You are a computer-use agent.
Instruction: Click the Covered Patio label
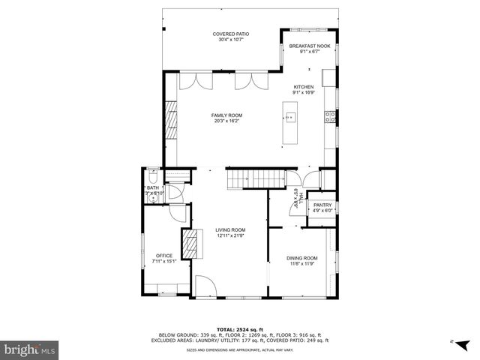click(230, 34)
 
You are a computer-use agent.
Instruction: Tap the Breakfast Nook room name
click(310, 46)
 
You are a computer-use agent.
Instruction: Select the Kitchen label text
click(303, 86)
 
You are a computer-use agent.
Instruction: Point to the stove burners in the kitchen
click(328, 115)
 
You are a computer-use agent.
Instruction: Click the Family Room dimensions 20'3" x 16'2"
click(226, 120)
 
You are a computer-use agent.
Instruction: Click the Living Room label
click(230, 229)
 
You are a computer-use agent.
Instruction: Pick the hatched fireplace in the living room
click(193, 243)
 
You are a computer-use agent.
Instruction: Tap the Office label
click(163, 256)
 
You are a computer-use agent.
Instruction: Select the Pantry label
click(322, 205)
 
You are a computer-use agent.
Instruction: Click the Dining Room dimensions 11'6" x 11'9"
click(301, 264)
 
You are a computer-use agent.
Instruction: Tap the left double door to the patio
click(193, 82)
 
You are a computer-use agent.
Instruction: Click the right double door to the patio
click(246, 82)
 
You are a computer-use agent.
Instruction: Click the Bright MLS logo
click(30, 349)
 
